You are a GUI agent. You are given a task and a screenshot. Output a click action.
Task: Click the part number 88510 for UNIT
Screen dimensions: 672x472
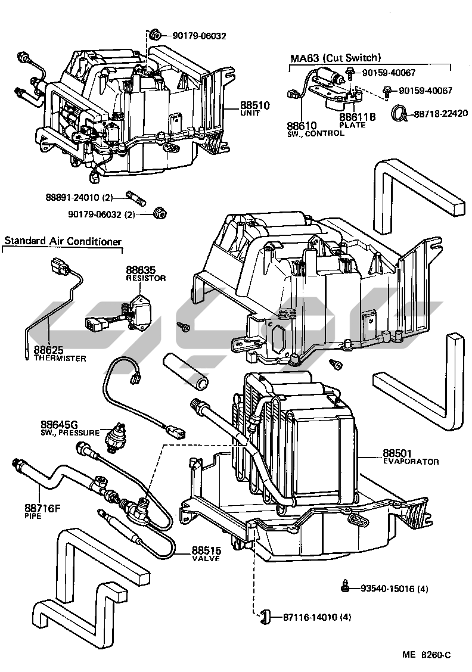pyautogui.click(x=255, y=105)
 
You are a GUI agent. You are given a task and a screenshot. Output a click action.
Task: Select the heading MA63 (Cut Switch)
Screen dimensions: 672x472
pyautogui.click(x=335, y=58)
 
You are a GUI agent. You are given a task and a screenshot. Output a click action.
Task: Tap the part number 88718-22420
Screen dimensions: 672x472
pyautogui.click(x=441, y=113)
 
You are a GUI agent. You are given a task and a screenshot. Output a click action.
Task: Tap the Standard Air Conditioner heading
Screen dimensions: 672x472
pyautogui.click(x=63, y=241)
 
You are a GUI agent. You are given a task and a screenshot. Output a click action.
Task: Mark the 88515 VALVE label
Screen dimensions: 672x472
pyautogui.click(x=206, y=554)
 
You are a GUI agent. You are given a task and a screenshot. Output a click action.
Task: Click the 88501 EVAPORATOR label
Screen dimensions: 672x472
pyautogui.click(x=410, y=457)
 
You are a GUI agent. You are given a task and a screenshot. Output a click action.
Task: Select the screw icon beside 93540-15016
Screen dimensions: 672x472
pyautogui.click(x=346, y=586)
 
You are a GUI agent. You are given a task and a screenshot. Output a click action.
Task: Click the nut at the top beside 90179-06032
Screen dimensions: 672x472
pyautogui.click(x=154, y=35)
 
